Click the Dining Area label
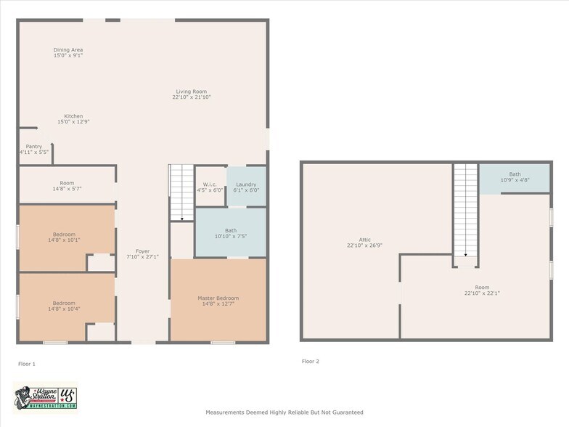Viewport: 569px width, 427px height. tap(68, 52)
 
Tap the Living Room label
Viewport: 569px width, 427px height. tap(192, 94)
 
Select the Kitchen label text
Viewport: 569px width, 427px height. tap(73, 118)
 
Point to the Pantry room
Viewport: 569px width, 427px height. tap(33, 149)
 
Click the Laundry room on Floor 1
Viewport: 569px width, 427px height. tap(247, 187)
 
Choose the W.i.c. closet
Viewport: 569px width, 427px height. tap(210, 187)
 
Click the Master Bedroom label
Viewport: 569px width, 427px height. tap(218, 301)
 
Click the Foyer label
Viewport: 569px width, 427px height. tap(142, 253)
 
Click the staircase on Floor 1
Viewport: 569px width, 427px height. tap(181, 192)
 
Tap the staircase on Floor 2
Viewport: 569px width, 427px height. tap(466, 211)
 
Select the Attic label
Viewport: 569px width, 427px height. tap(364, 243)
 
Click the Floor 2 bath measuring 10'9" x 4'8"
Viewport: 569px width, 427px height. tap(514, 177)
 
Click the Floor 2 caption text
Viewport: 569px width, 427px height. tap(310, 361)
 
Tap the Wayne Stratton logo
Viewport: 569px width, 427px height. tap(45, 397)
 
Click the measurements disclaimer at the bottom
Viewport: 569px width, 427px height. tap(284, 412)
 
